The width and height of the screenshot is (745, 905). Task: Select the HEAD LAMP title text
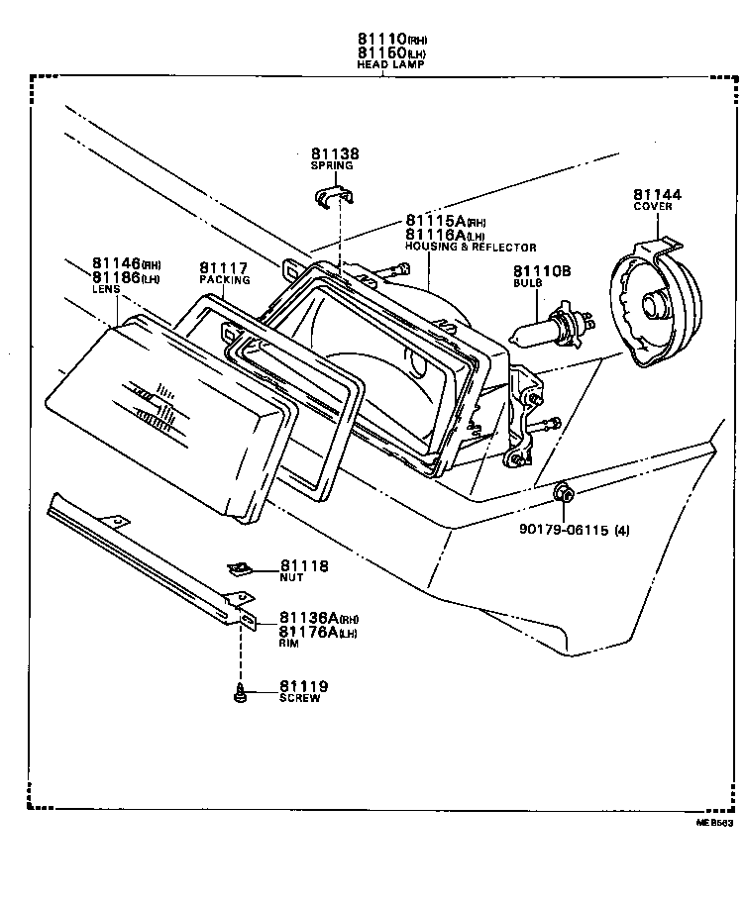click(390, 64)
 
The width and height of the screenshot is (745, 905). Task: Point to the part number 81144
click(652, 194)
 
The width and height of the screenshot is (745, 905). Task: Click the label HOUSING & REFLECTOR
click(471, 248)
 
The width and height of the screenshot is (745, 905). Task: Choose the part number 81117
click(224, 267)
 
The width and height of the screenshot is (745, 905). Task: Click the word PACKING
click(224, 280)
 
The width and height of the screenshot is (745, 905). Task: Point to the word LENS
click(106, 289)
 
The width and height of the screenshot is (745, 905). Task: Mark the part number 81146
click(116, 263)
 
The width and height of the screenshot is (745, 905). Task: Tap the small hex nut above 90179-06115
click(562, 491)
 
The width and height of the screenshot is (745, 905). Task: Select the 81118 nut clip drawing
click(239, 568)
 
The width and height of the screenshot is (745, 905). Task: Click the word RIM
click(288, 643)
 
